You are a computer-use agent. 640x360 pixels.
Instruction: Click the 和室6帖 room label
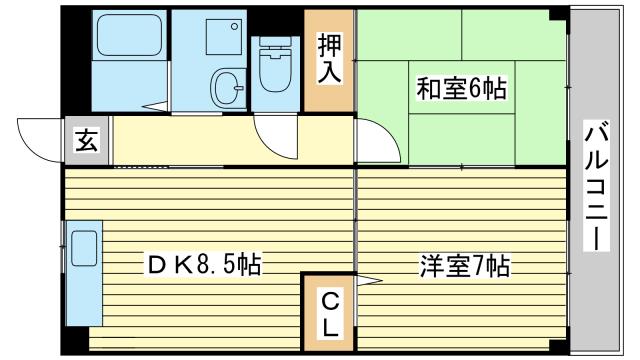pyautogui.click(x=461, y=88)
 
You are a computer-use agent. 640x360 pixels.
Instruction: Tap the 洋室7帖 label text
pyautogui.click(x=465, y=266)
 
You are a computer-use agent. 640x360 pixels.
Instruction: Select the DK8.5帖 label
pyautogui.click(x=204, y=264)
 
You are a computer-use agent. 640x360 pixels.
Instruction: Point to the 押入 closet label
pyautogui.click(x=329, y=59)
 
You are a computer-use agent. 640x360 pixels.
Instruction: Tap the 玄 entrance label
pyautogui.click(x=87, y=141)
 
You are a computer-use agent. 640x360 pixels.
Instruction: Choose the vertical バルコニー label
pyautogui.click(x=596, y=186)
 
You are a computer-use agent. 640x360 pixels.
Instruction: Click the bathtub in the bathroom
pyautogui.click(x=129, y=35)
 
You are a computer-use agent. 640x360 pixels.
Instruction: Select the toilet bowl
pyautogui.click(x=276, y=70)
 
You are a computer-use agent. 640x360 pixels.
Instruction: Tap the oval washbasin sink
pyautogui.click(x=227, y=88)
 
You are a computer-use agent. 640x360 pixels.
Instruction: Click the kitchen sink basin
pyautogui.click(x=84, y=248)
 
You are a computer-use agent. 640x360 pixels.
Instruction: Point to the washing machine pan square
pyautogui.click(x=224, y=37)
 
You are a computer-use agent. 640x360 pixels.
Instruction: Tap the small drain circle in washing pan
pyautogui.click(x=234, y=27)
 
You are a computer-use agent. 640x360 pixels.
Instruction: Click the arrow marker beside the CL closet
pyautogui.click(x=369, y=280)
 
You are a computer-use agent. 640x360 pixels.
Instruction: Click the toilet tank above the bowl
pyautogui.click(x=276, y=41)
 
